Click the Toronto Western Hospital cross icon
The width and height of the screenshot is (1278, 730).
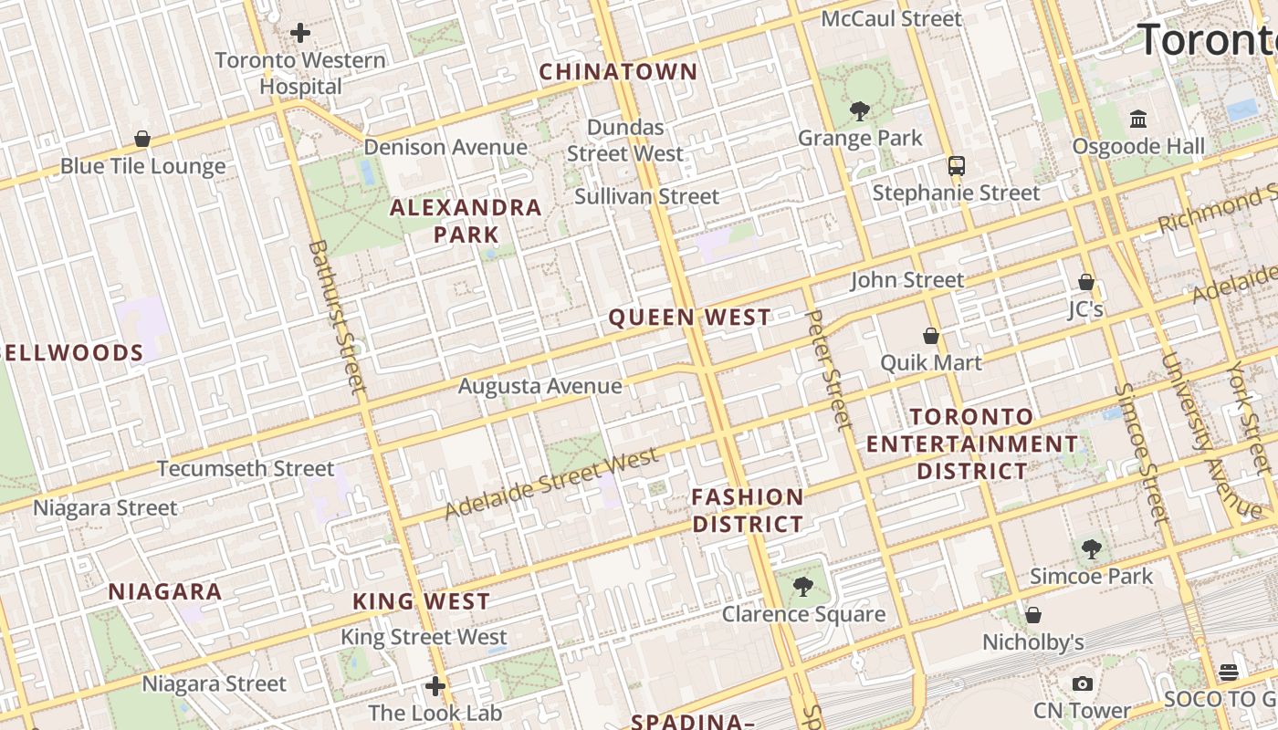300,34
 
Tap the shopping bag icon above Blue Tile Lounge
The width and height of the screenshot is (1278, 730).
142,139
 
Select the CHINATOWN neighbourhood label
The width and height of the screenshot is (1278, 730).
618,72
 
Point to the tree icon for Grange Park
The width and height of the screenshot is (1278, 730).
859,111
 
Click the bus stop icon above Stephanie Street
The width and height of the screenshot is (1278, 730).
956,166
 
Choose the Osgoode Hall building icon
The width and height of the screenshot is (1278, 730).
1138,119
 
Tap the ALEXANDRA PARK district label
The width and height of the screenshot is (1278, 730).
466,221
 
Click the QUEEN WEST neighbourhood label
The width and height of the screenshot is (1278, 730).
689,318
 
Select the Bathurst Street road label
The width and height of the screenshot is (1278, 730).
338,317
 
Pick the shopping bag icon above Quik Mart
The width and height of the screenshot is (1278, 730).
931,336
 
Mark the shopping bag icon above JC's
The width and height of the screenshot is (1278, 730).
1086,282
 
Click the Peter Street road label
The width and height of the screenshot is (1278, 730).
829,370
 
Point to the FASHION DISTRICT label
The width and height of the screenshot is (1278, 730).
748,511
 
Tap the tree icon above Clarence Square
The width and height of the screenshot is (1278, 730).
803,586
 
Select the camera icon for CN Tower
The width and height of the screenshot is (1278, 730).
1083,683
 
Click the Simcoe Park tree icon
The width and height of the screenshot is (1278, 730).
1091,548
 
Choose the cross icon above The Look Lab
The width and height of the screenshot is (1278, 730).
435,685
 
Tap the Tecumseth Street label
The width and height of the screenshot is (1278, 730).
246,469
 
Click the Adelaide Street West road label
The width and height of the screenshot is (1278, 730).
551,484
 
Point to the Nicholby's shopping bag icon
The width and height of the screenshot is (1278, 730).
1033,615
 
